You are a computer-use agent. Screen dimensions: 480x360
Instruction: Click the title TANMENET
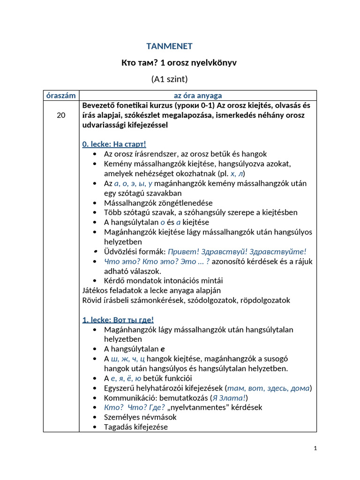tap(169, 46)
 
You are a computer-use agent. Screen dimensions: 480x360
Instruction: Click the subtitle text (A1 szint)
tap(169, 79)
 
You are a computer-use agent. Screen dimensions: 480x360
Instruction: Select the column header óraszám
tap(61, 96)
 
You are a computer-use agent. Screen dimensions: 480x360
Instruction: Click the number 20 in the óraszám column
tap(61, 115)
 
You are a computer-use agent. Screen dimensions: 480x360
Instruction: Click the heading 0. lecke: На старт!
tap(114, 144)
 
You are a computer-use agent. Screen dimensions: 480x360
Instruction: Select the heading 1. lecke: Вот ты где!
tap(118, 320)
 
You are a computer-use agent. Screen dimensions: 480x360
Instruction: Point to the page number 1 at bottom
tap(315, 448)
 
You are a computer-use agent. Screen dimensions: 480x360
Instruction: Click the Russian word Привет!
tap(182, 251)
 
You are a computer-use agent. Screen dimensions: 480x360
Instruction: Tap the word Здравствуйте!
tap(281, 251)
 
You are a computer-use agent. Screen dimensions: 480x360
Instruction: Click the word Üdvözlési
tap(121, 251)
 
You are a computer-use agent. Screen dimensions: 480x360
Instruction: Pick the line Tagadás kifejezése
tap(136, 427)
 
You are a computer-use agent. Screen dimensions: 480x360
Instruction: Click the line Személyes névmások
tap(140, 417)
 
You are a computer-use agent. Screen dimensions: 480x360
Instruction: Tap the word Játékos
tap(96, 290)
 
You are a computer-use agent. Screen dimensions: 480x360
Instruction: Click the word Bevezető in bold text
tap(99, 105)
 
